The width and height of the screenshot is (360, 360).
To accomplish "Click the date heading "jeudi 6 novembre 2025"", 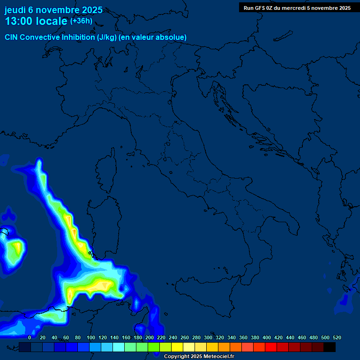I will [x=53, y=10].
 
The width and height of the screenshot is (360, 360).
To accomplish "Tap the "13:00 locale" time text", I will [x=37, y=22].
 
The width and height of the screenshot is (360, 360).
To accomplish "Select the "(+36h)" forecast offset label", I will [x=81, y=21].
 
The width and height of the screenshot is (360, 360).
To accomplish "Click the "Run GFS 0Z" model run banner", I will [x=297, y=8].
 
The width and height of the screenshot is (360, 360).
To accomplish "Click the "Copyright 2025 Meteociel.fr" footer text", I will [x=199, y=356].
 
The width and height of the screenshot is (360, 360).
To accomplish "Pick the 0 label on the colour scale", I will [x=30, y=337].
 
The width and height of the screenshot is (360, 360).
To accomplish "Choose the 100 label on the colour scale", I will [x=91, y=337].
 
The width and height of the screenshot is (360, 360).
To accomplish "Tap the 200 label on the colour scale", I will [x=150, y=337].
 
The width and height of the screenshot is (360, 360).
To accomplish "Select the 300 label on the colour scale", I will [x=208, y=337].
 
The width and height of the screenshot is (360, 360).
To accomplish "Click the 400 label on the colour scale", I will [x=267, y=337].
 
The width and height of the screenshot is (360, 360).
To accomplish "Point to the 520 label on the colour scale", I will [x=337, y=337].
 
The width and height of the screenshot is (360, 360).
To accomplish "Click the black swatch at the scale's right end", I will [x=330, y=347].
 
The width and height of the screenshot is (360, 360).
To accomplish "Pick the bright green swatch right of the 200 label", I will [x=154, y=347].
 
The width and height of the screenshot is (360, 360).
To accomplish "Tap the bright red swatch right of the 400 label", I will [x=271, y=347].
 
